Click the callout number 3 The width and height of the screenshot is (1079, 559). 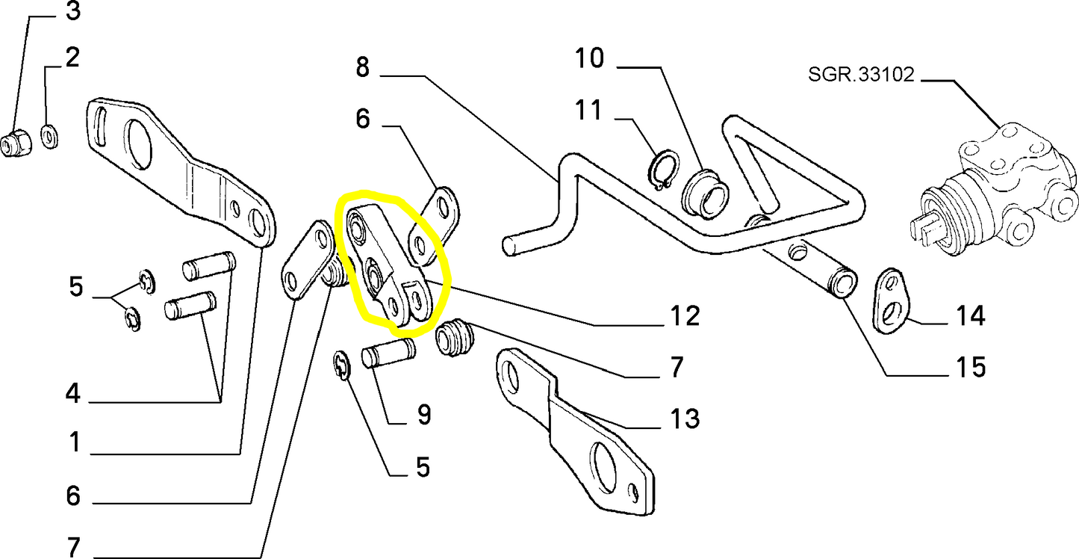(72, 12)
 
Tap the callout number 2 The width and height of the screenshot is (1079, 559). (72, 58)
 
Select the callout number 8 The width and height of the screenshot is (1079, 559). (362, 67)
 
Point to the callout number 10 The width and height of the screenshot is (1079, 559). (589, 58)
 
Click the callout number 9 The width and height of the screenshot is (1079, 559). (423, 415)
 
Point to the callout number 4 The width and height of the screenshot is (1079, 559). (72, 393)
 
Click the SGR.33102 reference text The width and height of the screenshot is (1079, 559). (861, 75)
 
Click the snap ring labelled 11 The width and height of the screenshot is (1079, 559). (662, 171)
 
